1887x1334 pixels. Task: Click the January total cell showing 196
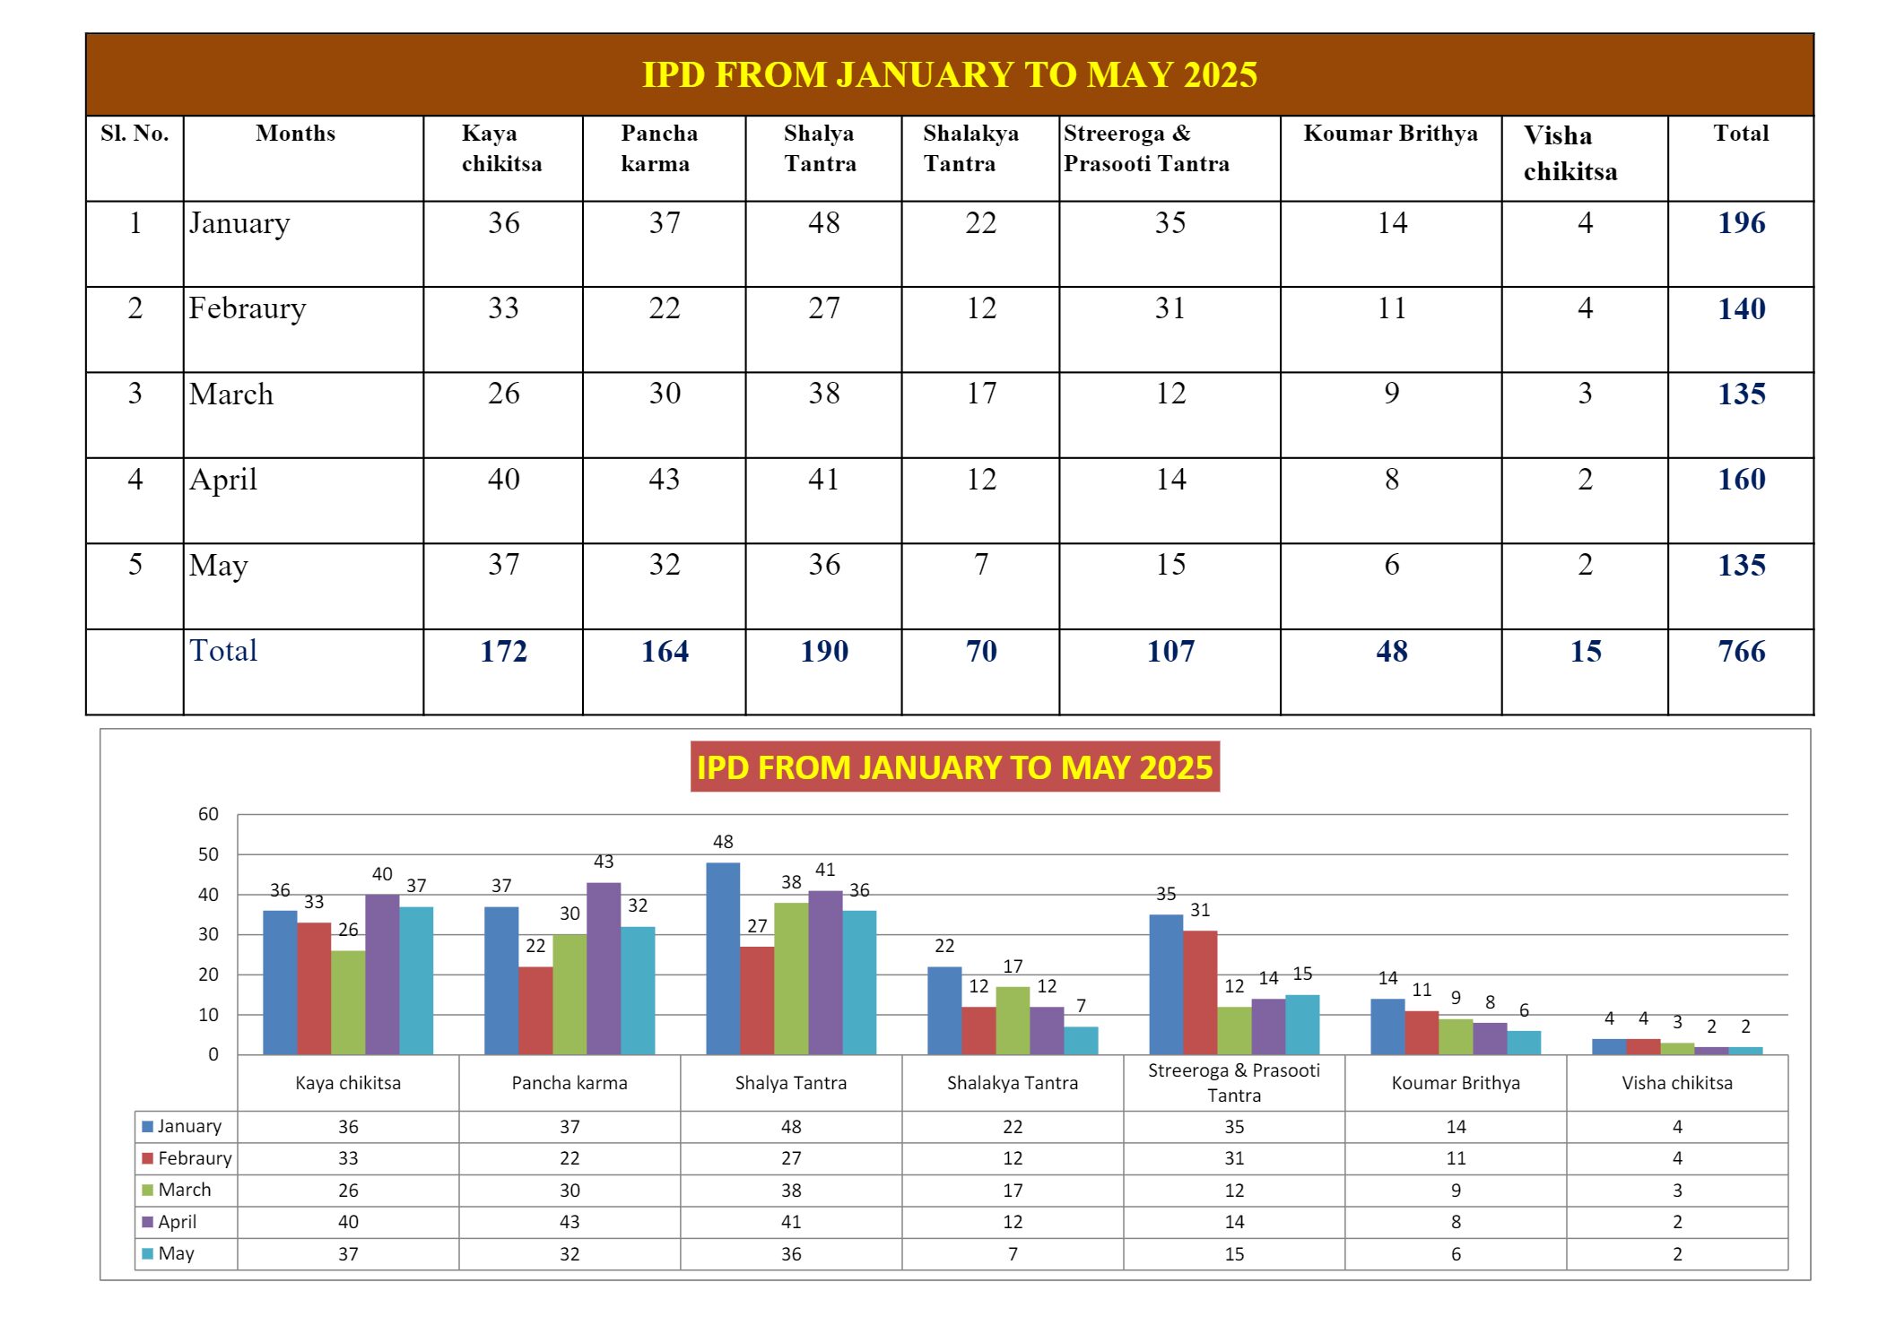1740,223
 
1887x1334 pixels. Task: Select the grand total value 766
1740,652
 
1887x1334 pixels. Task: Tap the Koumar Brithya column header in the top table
1389,134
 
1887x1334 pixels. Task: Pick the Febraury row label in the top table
248,308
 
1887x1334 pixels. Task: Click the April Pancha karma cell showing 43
664,480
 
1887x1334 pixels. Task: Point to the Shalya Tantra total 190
823,652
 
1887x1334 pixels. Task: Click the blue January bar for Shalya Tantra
723,959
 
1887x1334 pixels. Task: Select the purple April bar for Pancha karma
604,968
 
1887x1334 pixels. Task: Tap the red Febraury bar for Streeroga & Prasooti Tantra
1200,992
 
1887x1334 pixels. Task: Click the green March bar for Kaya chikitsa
348,1002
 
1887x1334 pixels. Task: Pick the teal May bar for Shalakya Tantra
1081,1040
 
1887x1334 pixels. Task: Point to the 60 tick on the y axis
208,814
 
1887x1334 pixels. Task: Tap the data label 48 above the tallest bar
723,842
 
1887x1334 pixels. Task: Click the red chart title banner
954,767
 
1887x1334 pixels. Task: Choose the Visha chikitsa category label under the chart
1676,1083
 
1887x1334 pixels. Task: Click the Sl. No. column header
135,134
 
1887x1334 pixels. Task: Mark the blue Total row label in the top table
223,651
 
